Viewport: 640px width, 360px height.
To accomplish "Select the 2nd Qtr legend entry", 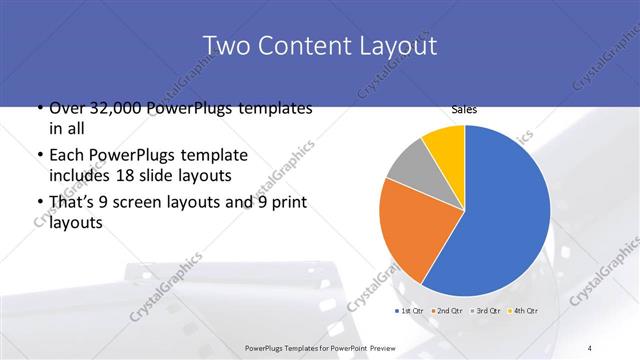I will (448, 310).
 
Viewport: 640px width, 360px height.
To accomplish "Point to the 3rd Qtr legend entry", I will (487, 310).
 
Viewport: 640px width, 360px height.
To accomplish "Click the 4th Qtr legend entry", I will (524, 310).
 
